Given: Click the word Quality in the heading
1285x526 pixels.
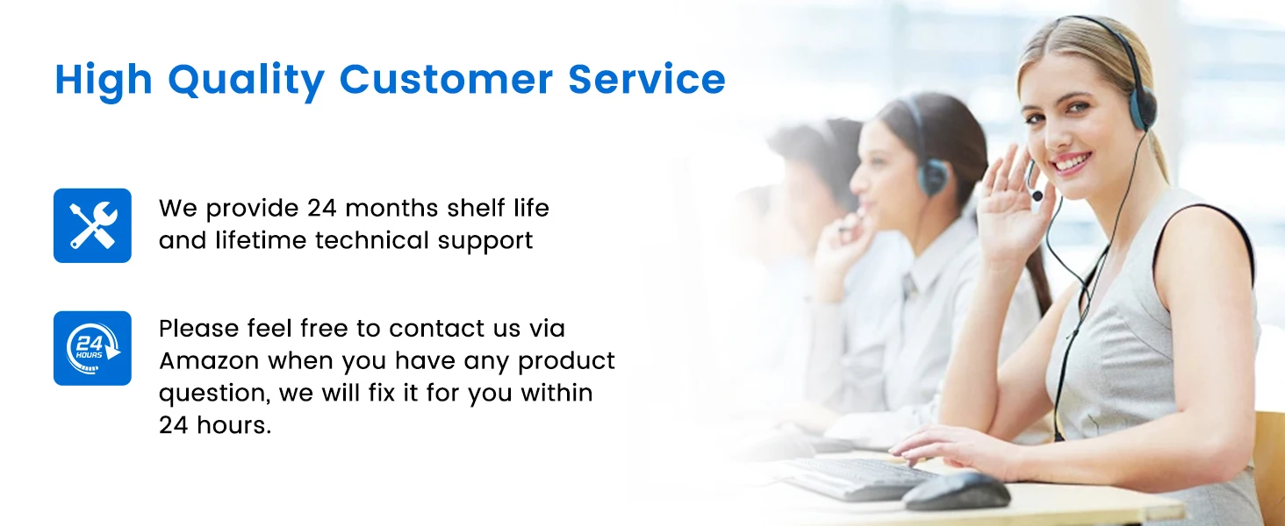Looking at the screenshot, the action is pos(247,81).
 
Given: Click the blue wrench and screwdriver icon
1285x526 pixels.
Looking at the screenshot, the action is pos(92,225).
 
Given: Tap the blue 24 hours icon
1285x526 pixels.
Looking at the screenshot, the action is pos(92,348).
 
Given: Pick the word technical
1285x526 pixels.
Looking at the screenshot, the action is pos(376,239).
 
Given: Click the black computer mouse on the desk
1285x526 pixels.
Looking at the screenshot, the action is pos(957,491).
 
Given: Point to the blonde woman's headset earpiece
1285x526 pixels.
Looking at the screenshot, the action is pos(1142,107).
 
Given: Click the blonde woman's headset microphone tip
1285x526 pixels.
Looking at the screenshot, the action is pos(1037,196).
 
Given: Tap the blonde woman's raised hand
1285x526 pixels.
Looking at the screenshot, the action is pos(1015,206).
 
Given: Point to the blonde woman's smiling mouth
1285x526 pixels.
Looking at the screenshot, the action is pos(1073,163).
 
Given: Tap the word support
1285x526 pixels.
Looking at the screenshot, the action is pos(485,241).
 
